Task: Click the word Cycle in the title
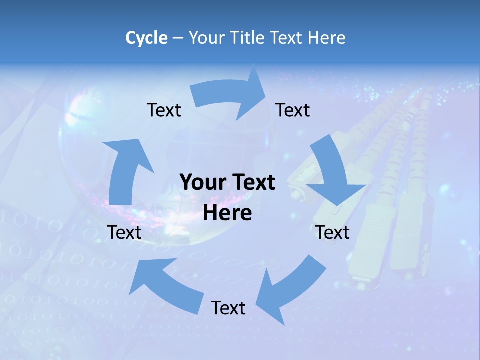pos(146,38)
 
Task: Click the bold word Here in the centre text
pos(227,213)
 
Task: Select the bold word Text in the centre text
pos(252,182)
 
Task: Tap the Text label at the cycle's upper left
pos(164,110)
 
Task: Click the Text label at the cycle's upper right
pos(293,110)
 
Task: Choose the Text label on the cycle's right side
pos(333,232)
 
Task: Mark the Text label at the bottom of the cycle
pos(228,308)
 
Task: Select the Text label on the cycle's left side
pos(124,232)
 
